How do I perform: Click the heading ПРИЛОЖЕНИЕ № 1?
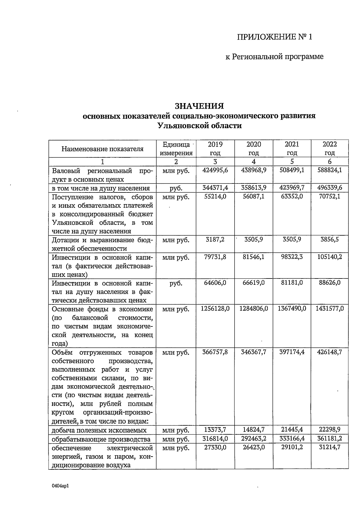(x=274, y=37)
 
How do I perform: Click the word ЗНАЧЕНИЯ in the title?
(x=199, y=106)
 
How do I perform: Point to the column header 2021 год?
(x=292, y=149)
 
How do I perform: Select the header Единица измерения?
(x=176, y=149)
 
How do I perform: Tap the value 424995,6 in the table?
(x=215, y=170)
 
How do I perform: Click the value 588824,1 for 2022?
(x=329, y=170)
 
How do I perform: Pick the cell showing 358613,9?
(x=253, y=188)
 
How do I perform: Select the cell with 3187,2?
(x=215, y=240)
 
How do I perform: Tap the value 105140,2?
(x=329, y=257)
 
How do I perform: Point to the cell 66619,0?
(x=253, y=283)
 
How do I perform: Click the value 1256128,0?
(x=215, y=309)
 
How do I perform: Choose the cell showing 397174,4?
(x=292, y=352)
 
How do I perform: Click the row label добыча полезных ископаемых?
(x=99, y=430)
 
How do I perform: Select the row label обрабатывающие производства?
(x=101, y=439)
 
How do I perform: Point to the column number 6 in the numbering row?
(x=329, y=162)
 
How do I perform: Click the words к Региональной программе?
(x=274, y=57)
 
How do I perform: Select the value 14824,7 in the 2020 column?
(x=253, y=430)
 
